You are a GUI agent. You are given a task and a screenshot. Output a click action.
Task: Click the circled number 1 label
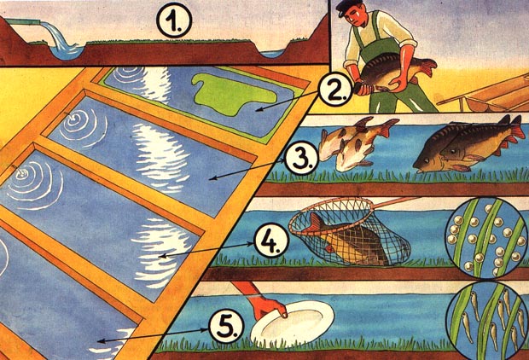[x=174, y=20]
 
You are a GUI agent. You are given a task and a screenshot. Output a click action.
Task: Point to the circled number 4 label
[x=271, y=241]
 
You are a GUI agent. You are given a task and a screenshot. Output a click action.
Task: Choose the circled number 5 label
[x=226, y=327]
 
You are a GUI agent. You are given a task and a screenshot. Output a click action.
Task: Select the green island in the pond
[x=233, y=93]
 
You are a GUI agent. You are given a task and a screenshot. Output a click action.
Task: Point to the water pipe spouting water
[x=23, y=21]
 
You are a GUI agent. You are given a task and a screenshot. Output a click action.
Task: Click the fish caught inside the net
[x=351, y=240]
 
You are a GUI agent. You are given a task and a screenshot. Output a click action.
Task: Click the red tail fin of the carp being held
[x=427, y=67]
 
